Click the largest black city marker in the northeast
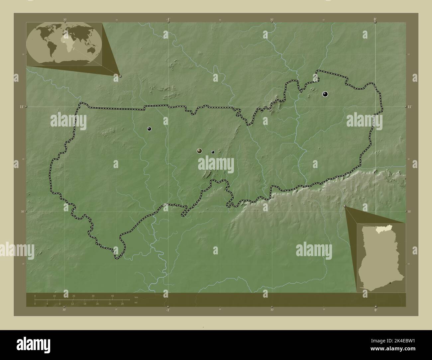click(325, 94)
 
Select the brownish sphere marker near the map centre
click(199, 151)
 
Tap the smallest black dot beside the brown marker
click(213, 152)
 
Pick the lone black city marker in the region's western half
click(150, 129)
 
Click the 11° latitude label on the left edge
click(21, 107)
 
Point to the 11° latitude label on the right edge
click(410, 107)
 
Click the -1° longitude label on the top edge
click(168, 19)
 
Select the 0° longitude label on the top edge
click(376, 19)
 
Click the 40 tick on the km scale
click(113, 296)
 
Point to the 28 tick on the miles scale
click(122, 304)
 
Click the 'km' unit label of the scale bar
click(136, 297)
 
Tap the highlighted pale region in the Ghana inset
click(382, 229)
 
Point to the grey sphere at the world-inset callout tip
click(120, 76)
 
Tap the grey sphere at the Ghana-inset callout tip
click(345, 207)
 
